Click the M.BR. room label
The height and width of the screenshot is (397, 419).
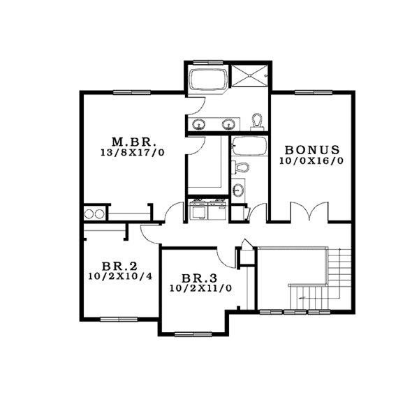pyautogui.click(x=133, y=139)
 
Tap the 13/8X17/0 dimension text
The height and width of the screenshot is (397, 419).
pyautogui.click(x=133, y=152)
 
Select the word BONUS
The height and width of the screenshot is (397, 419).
pyautogui.click(x=311, y=150)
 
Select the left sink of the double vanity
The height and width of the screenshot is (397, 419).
pyautogui.click(x=200, y=124)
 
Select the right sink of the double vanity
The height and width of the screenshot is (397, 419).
pyautogui.click(x=228, y=124)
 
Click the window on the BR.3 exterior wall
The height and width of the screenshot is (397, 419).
pyautogui.click(x=193, y=334)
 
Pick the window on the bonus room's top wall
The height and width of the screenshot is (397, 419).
pyautogui.click(x=311, y=92)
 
